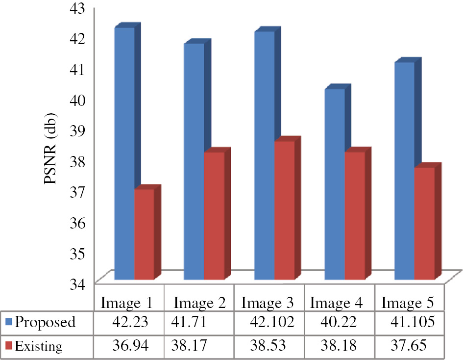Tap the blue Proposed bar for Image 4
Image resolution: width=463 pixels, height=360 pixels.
click(x=335, y=184)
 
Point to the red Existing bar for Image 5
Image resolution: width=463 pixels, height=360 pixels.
click(x=424, y=223)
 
